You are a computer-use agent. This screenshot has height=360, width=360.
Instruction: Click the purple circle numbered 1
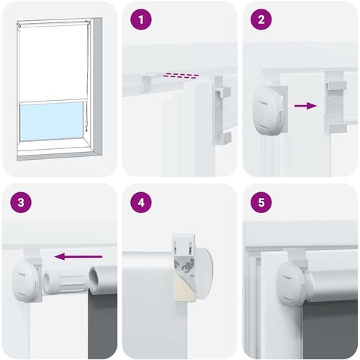[141, 19]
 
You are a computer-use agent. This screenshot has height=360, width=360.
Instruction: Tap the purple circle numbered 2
[261, 19]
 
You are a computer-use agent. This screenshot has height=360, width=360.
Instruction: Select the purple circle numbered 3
[21, 202]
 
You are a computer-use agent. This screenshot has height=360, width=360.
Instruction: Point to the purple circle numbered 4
[141, 202]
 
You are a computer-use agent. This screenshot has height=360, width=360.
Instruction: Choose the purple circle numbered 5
[261, 202]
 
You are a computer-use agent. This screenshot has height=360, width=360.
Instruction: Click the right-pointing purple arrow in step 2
[305, 106]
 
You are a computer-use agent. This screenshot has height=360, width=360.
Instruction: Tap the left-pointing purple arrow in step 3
[78, 256]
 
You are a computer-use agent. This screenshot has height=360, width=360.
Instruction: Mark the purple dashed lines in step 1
[181, 76]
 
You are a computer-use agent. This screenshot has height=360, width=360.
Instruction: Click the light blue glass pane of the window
[51, 121]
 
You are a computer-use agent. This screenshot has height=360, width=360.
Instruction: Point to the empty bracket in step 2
[336, 102]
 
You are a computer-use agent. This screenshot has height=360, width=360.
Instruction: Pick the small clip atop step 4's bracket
[184, 245]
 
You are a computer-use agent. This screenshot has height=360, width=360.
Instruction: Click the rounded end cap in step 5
[290, 283]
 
